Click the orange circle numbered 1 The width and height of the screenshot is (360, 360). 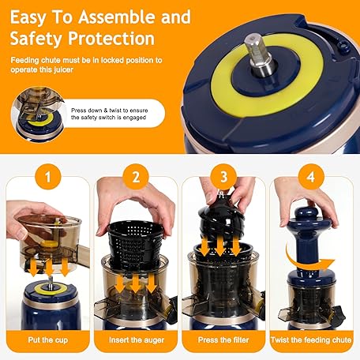(x=48, y=177)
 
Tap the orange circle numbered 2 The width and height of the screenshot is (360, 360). (x=136, y=177)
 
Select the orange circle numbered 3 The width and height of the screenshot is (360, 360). (x=223, y=177)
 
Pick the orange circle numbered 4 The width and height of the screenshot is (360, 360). (x=311, y=177)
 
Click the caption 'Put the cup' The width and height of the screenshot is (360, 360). (x=48, y=340)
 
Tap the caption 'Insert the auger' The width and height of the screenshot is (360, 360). (x=137, y=340)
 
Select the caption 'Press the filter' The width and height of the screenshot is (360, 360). (x=223, y=340)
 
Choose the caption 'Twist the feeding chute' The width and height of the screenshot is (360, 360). (x=311, y=340)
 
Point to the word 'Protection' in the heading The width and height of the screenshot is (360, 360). (x=111, y=39)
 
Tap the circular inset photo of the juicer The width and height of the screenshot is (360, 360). (x=38, y=114)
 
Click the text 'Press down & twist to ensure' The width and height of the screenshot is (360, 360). (x=110, y=111)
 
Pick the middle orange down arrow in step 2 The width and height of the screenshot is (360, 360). (x=136, y=283)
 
